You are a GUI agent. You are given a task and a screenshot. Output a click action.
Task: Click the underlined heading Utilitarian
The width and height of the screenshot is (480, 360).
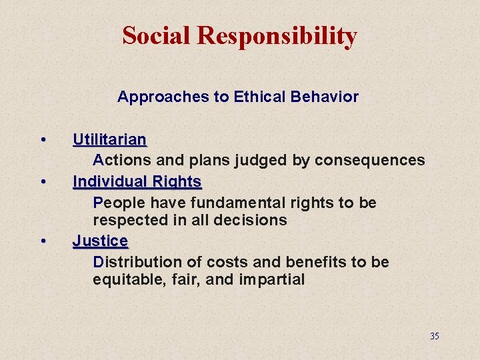109,140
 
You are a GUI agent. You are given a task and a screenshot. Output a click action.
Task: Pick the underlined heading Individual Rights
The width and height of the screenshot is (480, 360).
137,181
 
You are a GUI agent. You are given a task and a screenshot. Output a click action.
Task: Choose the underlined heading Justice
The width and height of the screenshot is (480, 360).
100,241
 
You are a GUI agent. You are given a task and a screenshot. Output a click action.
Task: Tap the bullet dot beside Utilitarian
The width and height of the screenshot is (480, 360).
43,140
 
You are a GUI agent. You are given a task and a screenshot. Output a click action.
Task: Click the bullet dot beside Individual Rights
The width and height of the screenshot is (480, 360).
43,181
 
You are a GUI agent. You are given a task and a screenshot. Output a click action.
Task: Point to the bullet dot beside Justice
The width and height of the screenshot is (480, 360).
43,241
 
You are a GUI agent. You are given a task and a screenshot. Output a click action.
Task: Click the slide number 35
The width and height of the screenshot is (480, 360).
434,336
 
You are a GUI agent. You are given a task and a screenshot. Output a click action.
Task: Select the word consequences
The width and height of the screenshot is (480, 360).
370,160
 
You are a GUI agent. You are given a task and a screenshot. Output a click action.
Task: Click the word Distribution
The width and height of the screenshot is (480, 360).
131,262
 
